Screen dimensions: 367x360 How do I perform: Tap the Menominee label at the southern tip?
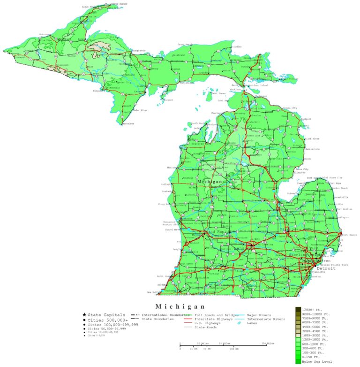click(127, 124)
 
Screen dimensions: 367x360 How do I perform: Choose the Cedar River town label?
click(140, 110)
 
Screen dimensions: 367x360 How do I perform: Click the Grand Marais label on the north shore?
click(185, 45)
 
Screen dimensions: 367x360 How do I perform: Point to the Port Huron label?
click(351, 235)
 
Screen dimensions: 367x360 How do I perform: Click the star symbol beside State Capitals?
click(84, 314)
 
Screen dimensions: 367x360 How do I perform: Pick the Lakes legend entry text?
click(252, 323)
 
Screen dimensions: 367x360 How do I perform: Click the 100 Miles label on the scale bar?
click(267, 344)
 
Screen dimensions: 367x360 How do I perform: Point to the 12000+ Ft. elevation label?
click(314, 309)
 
